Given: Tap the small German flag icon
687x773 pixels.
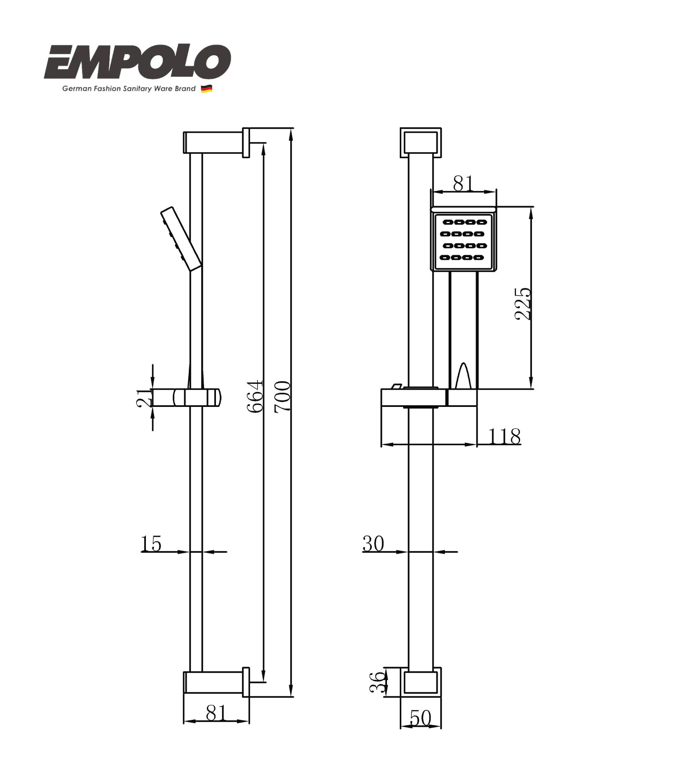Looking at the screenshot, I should [206, 89].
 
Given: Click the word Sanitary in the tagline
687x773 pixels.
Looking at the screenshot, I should [137, 89].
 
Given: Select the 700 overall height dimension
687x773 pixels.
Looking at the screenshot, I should [283, 396].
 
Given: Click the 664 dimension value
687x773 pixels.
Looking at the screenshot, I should [255, 396].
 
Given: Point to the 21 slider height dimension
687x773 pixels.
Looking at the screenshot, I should [144, 398].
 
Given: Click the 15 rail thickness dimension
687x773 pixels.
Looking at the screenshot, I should [151, 543].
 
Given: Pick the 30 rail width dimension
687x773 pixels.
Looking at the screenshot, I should [373, 543].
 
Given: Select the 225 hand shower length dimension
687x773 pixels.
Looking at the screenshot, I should [523, 304].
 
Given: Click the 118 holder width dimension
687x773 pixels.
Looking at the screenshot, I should [504, 436].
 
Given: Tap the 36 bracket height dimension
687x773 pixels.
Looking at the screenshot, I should [377, 682].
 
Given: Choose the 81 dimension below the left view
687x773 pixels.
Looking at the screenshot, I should [216, 713].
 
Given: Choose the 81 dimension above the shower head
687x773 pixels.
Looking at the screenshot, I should [463, 183].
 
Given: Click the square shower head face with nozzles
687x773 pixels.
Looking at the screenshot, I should [463, 240].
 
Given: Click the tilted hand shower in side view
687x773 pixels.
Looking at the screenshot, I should [181, 239].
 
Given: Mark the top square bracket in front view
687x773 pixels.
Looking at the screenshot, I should [420, 143].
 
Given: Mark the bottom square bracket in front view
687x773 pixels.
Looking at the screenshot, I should [420, 682].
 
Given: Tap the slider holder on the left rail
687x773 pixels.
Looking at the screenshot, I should [197, 397].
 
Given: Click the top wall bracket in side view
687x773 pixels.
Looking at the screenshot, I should [216, 143].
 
